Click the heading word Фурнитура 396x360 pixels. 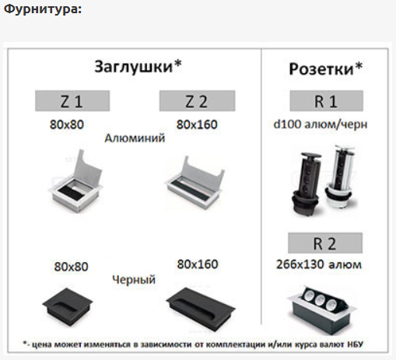[43, 9]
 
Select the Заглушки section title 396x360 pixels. [138, 67]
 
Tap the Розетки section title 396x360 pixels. [326, 69]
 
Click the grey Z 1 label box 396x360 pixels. [72, 101]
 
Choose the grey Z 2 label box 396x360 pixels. [198, 101]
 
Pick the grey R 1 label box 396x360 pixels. [326, 101]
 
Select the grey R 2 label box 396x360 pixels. [325, 243]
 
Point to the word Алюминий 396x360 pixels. [135, 138]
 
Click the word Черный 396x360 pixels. [134, 280]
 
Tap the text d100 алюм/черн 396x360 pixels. [321, 124]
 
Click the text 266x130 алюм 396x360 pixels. [319, 264]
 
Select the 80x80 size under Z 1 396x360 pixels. [67, 124]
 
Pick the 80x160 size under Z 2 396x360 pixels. [197, 124]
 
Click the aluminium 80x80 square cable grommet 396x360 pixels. [75, 184]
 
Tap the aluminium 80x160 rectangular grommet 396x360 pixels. [195, 185]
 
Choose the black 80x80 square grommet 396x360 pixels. [68, 306]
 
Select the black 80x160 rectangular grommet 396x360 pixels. [201, 309]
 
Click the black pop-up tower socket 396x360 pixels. [307, 183]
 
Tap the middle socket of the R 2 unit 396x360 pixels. [320, 300]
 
